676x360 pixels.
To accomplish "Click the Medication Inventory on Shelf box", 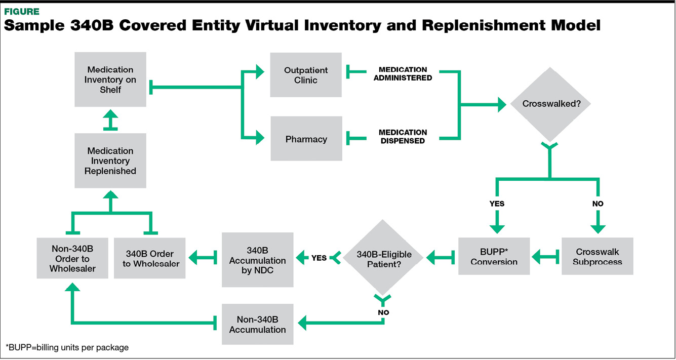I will [x=110, y=79].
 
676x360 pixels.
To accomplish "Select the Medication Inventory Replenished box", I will [x=110, y=161].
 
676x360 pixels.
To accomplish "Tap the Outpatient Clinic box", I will [x=306, y=75].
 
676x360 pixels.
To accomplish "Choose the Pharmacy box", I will [x=306, y=139].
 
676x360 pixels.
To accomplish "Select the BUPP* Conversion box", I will [x=494, y=257].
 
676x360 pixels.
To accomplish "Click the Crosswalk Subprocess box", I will [x=597, y=257].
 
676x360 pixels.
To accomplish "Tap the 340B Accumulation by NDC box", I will [x=258, y=260].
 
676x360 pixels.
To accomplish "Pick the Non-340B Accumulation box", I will [x=258, y=325].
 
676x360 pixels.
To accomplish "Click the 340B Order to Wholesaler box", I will [x=150, y=258].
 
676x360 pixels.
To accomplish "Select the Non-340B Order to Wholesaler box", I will [x=72, y=258].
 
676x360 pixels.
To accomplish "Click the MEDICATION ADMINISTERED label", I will [x=403, y=74].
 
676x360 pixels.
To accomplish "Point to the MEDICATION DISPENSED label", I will [x=403, y=137].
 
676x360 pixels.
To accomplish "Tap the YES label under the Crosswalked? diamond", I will [x=497, y=204].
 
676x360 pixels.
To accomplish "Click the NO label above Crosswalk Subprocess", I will [x=598, y=204].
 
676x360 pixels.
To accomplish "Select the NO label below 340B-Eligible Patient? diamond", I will [x=383, y=312].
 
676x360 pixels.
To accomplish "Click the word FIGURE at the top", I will [x=22, y=12].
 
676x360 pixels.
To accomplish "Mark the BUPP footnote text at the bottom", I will [x=67, y=348].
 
